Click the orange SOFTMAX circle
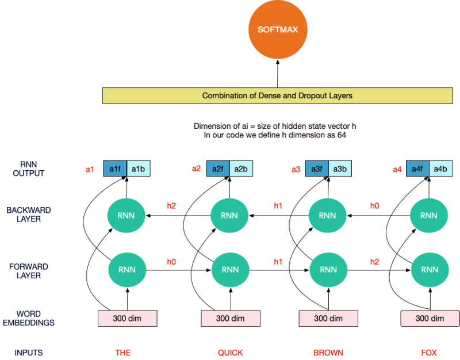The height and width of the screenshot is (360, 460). (x=277, y=29)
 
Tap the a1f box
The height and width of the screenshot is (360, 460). (x=115, y=169)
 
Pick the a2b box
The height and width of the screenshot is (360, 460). (x=241, y=169)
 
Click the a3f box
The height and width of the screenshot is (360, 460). (x=317, y=169)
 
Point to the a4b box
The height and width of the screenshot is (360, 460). (x=440, y=169)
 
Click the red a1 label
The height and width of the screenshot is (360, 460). (x=90, y=169)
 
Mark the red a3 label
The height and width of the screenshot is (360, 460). (x=296, y=169)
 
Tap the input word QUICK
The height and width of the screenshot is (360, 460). (x=230, y=352)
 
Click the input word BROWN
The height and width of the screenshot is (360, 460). (x=328, y=352)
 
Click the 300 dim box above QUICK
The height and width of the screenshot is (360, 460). (x=230, y=319)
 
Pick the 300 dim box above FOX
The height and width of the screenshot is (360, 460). (x=430, y=319)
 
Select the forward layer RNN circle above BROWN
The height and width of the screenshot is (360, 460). (x=328, y=270)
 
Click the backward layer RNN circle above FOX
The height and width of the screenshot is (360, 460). (x=428, y=216)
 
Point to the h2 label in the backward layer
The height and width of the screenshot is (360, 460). (x=171, y=205)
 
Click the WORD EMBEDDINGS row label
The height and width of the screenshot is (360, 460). (x=35, y=318)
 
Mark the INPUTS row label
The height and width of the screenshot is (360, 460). (x=29, y=352)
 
